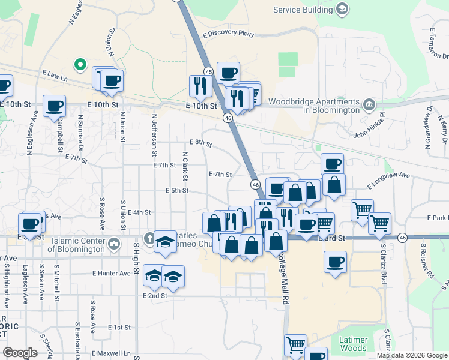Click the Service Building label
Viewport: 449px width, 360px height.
coord(303,10)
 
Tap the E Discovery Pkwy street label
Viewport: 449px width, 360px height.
coord(229,34)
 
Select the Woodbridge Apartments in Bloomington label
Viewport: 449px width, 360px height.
coord(314,106)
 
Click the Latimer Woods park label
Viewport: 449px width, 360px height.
coord(352,344)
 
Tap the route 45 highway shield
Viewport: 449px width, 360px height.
coord(208,71)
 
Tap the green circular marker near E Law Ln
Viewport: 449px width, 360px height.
coord(79,64)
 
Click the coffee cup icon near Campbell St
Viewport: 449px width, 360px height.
coord(55,106)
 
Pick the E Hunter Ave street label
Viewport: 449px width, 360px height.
coord(111,273)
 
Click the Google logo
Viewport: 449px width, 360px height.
coord(20,353)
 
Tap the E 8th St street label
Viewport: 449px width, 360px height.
coord(200,143)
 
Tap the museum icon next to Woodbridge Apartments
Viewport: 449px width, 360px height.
coord(369,106)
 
